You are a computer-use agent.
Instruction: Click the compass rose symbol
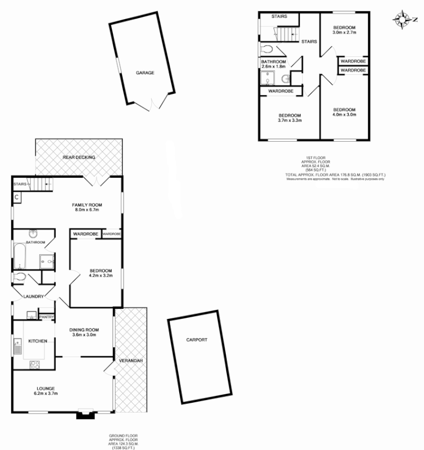point(403,20)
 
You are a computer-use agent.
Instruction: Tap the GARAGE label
point(144,73)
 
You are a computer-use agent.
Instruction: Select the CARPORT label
point(197,340)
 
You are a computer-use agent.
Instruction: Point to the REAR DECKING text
point(79,157)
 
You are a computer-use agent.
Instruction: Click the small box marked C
point(17,197)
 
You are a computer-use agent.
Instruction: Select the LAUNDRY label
point(33,296)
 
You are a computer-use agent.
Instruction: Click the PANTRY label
point(47,317)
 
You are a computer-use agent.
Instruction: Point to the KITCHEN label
point(38,341)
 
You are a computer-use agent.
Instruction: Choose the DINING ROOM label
point(84,330)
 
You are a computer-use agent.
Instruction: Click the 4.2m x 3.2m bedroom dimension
point(94,276)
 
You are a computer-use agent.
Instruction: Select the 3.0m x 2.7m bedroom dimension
point(343,33)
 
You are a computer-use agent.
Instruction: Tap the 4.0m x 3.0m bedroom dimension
point(343,115)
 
